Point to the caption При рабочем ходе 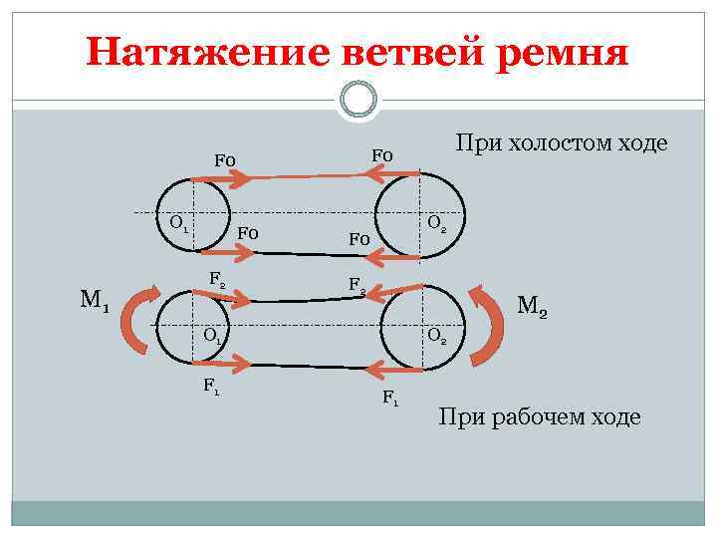540,416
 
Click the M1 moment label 96,299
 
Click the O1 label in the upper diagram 179,222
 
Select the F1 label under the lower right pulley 390,399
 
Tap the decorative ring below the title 358,99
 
